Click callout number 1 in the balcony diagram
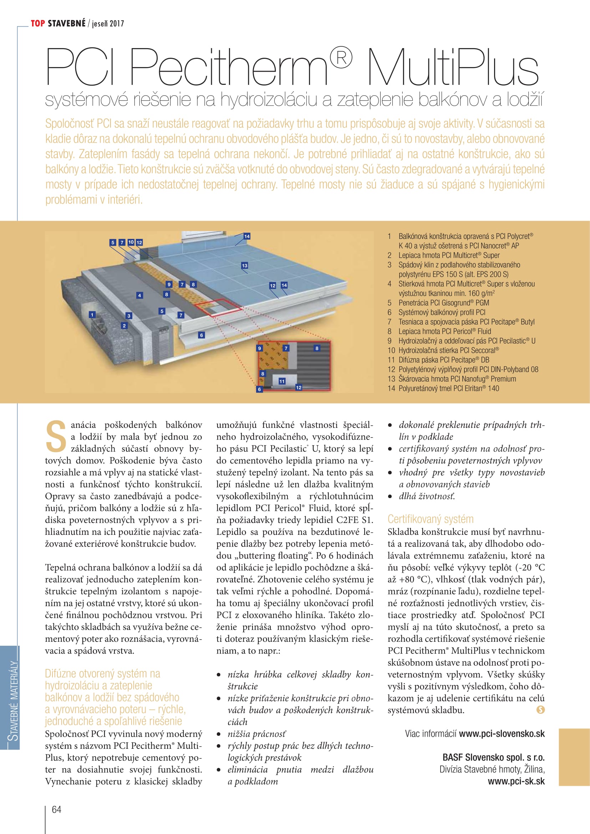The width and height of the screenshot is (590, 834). pos(92,314)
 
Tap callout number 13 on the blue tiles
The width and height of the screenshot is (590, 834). pos(244,266)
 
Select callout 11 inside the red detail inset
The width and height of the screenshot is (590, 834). pos(282,381)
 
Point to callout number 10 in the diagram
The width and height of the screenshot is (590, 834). pos(131,242)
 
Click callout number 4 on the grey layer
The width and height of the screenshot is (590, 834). pos(139,295)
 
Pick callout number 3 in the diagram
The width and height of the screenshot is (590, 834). pos(129,316)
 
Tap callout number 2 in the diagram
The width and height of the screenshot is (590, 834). pos(124,326)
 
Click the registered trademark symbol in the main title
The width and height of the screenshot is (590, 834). pos(341,58)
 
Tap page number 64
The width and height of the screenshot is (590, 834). pos(57,809)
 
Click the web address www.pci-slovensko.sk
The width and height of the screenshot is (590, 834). pos(502,733)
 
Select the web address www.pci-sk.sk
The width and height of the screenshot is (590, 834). pos(516,781)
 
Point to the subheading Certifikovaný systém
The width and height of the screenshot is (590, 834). pos(431,519)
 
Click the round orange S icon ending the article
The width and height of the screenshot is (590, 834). pos(540,710)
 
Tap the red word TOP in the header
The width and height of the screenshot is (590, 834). pos(38,24)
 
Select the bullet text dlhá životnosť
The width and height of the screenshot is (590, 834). pos(427,496)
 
